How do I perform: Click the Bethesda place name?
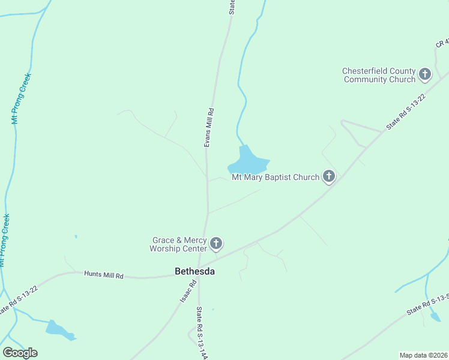coord(194,271)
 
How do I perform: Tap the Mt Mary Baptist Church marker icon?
coord(328,176)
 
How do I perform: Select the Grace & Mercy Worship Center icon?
coord(216,244)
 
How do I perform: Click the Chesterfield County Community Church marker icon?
coord(424,75)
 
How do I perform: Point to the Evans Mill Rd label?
coord(209,127)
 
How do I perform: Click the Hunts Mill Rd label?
coord(103,275)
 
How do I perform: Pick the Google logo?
coord(20,353)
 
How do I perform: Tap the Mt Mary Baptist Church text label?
coord(275,177)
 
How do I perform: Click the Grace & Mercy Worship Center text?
coord(179,244)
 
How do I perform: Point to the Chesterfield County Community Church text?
coord(379,75)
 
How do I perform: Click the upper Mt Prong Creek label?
coord(22,98)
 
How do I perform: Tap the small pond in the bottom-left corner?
coord(59,329)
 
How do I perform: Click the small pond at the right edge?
coord(436,316)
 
